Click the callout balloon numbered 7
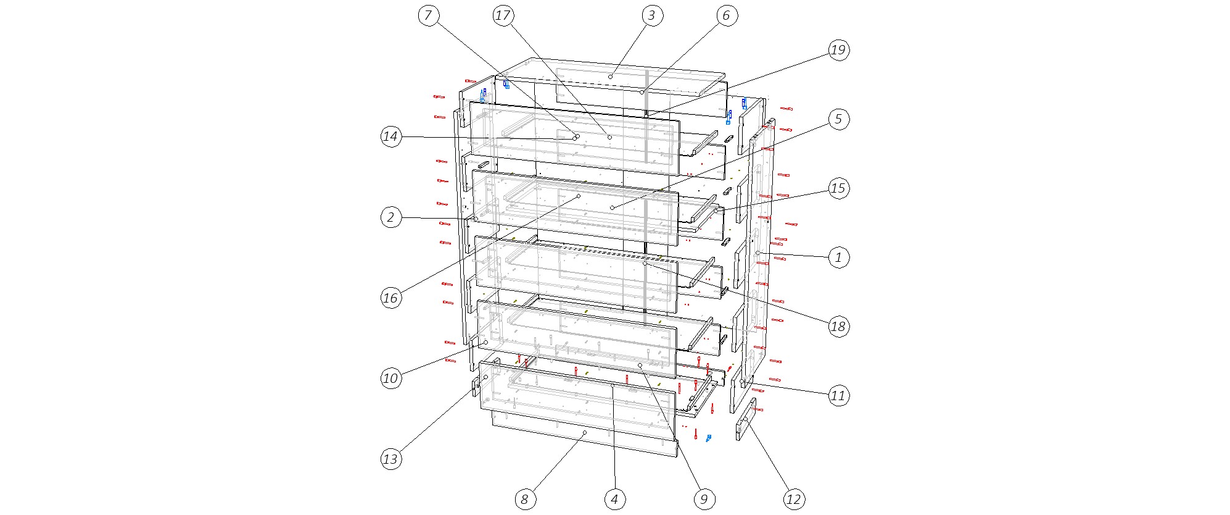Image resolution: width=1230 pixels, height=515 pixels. [429, 15]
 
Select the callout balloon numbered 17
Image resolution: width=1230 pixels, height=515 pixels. [503, 15]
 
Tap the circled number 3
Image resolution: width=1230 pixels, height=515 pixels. [652, 15]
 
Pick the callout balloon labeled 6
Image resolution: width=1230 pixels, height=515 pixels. [726, 15]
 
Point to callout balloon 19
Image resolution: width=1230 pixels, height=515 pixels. [838, 50]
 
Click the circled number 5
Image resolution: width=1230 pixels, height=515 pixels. [838, 119]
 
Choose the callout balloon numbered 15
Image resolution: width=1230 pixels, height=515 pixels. [838, 188]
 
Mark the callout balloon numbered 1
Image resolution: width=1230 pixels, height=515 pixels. [838, 257]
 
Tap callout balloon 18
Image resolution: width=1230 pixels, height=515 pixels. [838, 326]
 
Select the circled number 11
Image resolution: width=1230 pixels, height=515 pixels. [838, 395]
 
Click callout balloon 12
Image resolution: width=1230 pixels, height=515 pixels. [793, 499]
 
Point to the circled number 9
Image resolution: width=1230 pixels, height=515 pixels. [704, 499]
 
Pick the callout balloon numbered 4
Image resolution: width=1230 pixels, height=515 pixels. [614, 499]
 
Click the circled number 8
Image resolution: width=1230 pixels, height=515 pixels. [525, 499]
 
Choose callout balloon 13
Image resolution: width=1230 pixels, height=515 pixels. [391, 459]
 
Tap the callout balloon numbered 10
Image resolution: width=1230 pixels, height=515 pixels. [391, 378]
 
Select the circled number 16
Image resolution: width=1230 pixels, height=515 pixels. [391, 298]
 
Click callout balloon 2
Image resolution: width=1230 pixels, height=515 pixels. [391, 217]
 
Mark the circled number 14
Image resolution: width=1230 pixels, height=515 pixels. [391, 136]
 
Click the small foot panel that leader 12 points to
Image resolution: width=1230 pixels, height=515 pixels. [746, 419]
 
